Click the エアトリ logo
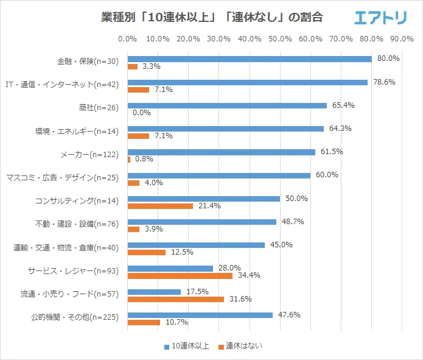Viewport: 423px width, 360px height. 380,18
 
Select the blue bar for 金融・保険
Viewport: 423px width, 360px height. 250,59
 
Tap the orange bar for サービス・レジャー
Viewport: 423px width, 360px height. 180,276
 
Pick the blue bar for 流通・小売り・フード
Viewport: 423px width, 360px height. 154,292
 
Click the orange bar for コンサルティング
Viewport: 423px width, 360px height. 160,206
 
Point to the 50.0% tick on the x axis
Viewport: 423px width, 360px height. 280,39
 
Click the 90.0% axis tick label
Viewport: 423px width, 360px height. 402,39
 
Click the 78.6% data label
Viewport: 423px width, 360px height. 383,82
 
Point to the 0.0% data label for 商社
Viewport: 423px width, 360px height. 141,113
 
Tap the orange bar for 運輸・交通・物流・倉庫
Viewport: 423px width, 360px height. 147,252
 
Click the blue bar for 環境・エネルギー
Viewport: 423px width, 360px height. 226,129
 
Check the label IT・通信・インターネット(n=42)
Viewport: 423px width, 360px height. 61,85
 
